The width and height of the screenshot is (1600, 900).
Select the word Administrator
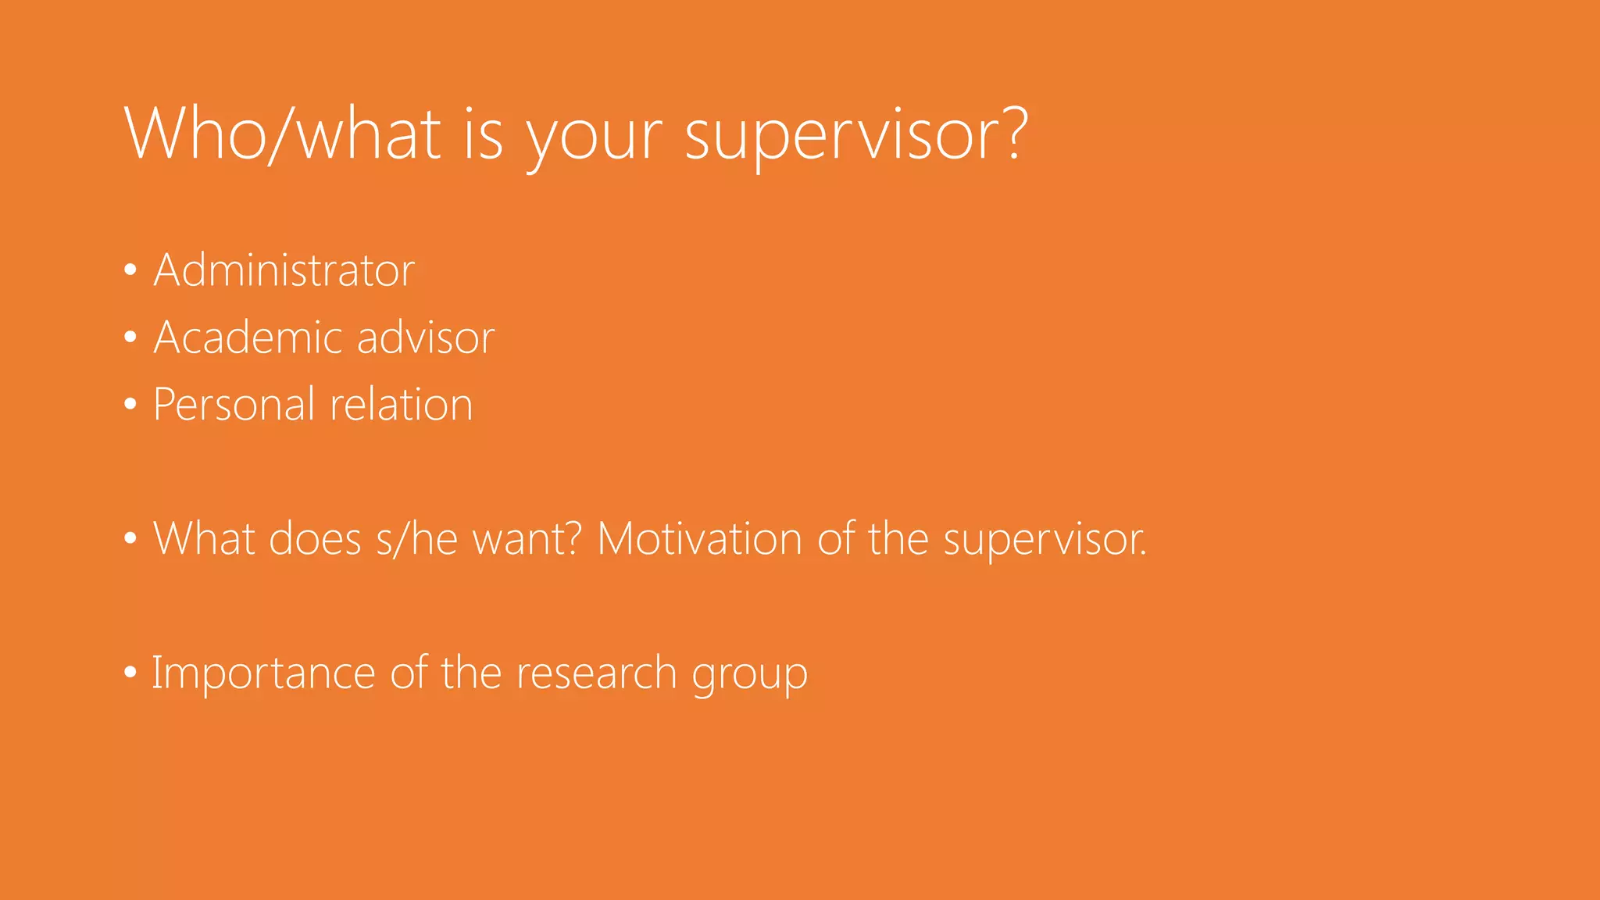click(x=284, y=270)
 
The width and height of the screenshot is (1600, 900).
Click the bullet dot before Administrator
click(x=130, y=270)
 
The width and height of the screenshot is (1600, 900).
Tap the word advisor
click(x=426, y=337)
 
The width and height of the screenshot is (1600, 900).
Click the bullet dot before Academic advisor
click(x=130, y=337)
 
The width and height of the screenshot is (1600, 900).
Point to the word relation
click(x=402, y=405)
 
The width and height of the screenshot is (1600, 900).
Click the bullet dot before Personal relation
click(x=130, y=405)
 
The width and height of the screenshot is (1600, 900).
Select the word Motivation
click(x=699, y=539)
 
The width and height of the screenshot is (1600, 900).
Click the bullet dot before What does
click(x=130, y=539)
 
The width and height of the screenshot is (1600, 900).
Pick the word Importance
click(x=263, y=673)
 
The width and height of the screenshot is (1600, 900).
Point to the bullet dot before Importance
click(x=130, y=673)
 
